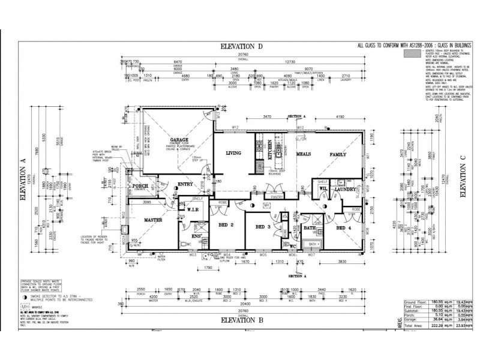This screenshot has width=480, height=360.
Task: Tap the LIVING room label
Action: pos(233,153)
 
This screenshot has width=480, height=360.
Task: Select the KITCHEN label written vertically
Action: pos(270,149)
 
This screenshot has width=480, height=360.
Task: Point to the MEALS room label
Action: pos(303,154)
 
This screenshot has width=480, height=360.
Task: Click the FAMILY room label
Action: pos(338,154)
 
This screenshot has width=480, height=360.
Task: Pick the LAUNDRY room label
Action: pos(346,190)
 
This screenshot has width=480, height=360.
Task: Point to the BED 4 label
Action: pos(344,228)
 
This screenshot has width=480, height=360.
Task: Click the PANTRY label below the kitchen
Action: pos(277,196)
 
